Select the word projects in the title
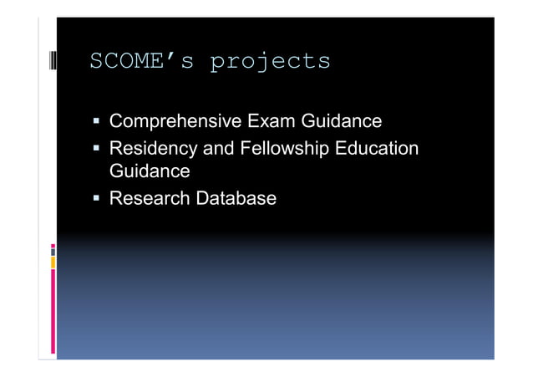coord(269,61)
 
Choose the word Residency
coord(150,150)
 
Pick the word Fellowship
coord(284,150)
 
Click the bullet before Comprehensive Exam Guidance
coord(97,123)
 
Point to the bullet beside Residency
coord(97,150)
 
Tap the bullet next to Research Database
coord(97,200)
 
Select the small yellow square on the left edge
coord(53,263)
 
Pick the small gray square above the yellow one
coord(53,249)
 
